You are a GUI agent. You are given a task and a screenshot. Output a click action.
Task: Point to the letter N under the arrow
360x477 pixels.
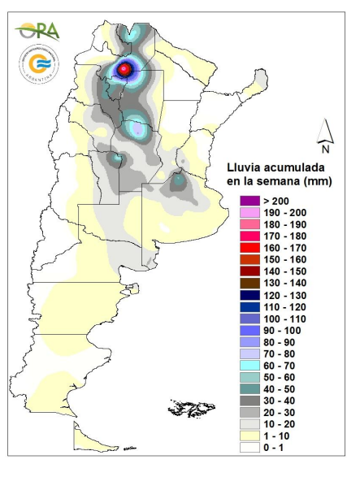324,150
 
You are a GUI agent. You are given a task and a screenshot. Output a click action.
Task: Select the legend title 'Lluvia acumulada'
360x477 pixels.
277,167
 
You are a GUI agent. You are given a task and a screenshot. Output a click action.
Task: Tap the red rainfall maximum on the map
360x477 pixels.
124,70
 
